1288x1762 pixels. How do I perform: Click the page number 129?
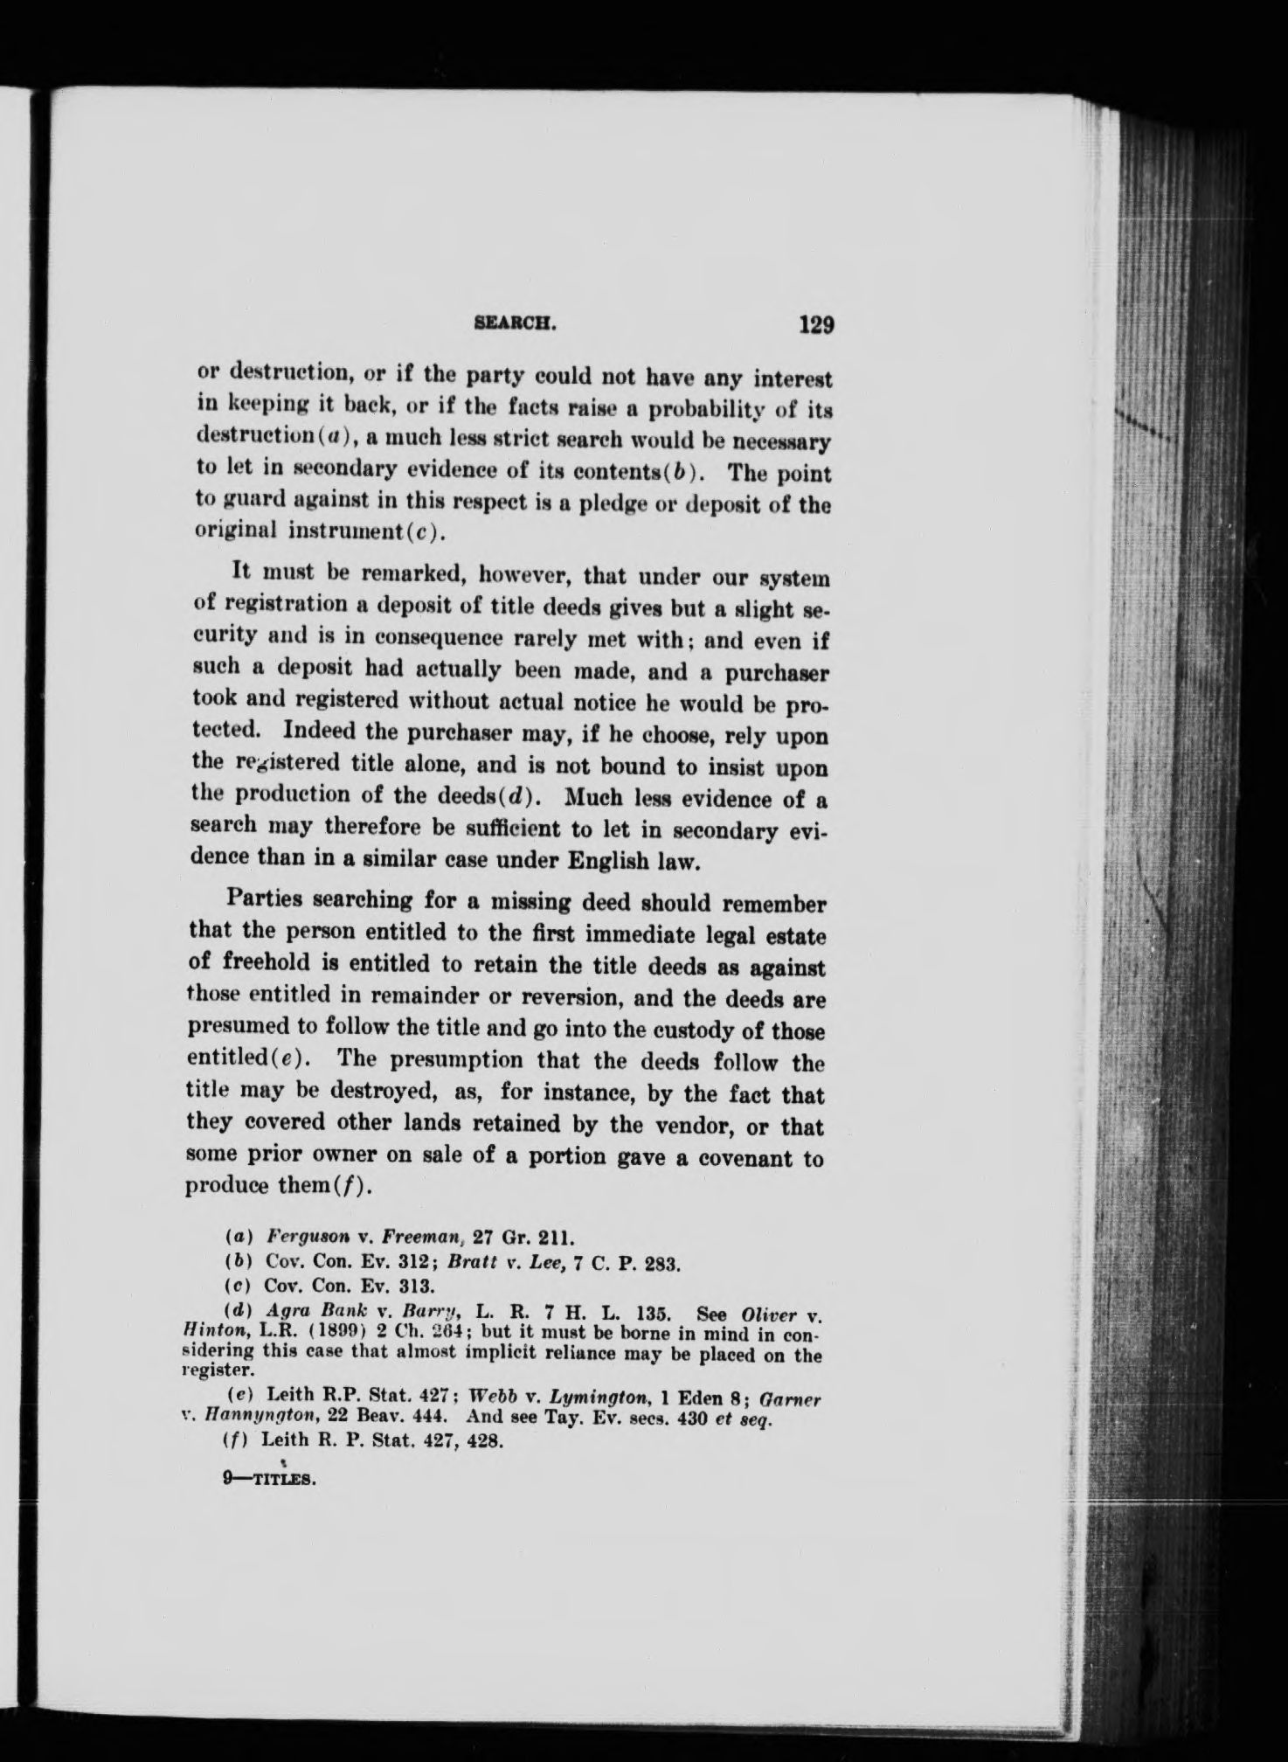(x=817, y=325)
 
